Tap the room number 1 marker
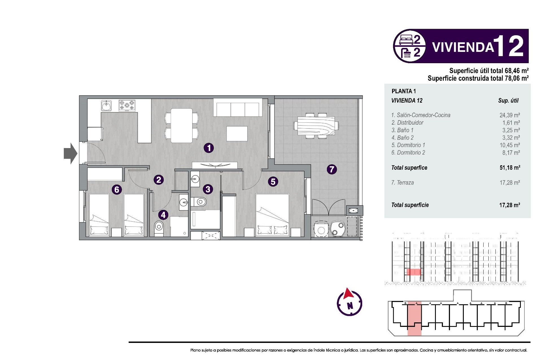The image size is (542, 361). (209, 148)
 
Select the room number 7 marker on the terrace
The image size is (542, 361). (332, 169)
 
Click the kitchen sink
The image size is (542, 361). (106, 106)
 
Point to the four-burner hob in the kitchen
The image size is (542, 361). (127, 105)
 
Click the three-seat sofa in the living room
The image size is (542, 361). (238, 109)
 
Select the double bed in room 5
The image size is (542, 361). (272, 214)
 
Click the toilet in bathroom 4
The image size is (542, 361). (159, 227)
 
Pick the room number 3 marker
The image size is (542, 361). (208, 189)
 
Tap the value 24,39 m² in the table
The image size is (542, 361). (510, 115)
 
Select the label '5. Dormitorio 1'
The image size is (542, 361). (408, 145)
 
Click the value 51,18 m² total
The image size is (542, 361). (510, 168)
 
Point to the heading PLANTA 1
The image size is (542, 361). (404, 91)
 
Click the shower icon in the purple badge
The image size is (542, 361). (406, 53)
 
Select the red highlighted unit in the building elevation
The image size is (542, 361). (414, 272)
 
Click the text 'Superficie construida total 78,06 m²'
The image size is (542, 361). (478, 78)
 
